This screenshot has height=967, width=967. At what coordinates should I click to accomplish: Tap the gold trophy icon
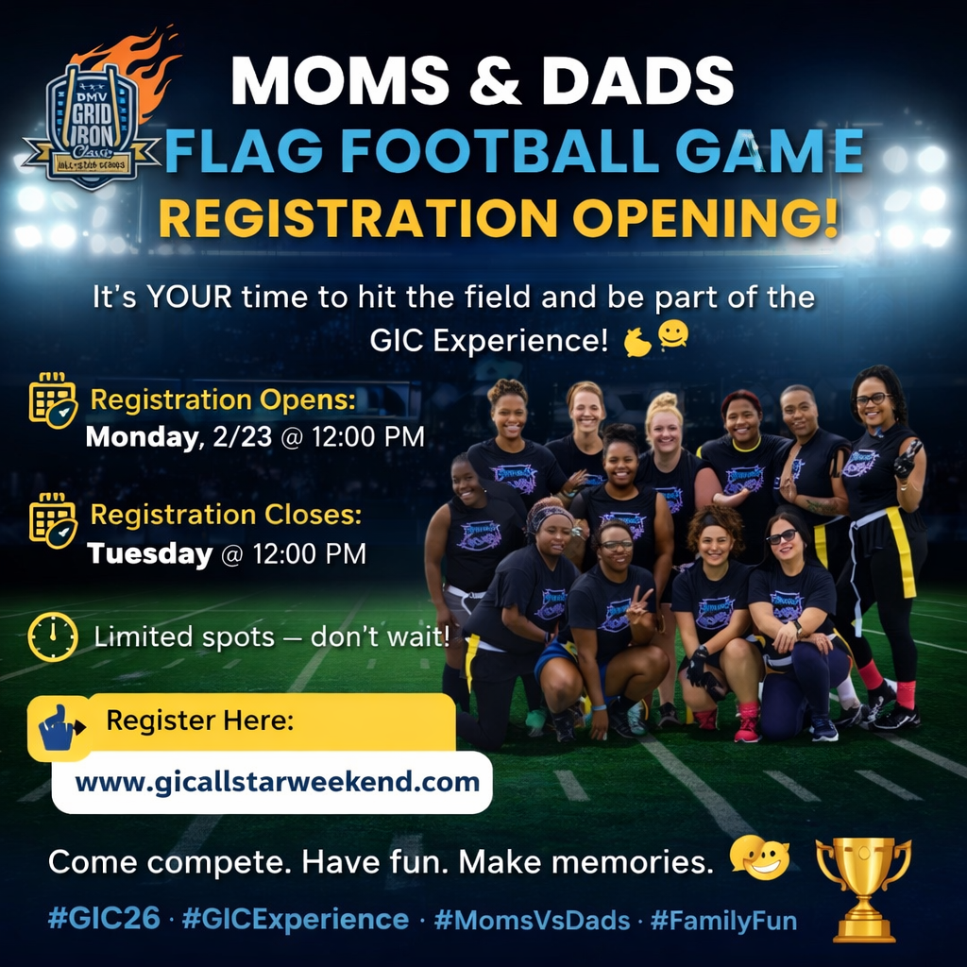coord(863,887)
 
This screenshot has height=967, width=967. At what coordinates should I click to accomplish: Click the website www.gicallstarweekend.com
coord(278,783)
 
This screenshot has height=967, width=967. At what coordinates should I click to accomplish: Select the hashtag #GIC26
coord(104,920)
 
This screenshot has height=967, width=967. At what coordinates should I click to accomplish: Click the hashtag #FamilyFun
coord(723,920)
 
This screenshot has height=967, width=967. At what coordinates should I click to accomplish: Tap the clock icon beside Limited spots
coord(53,636)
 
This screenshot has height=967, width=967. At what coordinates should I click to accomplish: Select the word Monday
coord(139,437)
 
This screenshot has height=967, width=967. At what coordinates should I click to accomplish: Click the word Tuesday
coord(149,554)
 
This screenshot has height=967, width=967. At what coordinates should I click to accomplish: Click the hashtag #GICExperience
coord(295,920)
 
